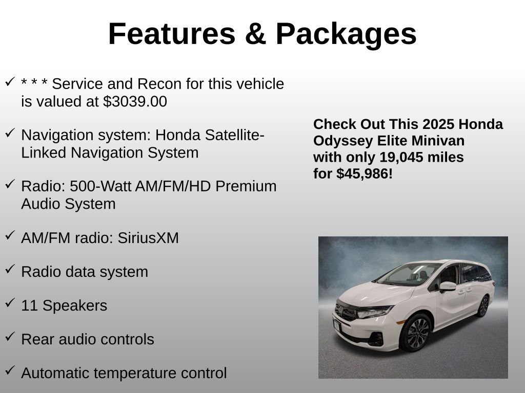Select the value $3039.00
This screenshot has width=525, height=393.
[135, 102]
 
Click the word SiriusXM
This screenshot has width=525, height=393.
[148, 238]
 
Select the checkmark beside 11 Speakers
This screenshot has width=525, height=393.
[10, 302]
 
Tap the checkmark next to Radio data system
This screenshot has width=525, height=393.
[10, 269]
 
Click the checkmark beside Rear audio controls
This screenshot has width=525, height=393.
[10, 336]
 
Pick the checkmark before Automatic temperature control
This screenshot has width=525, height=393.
[10, 370]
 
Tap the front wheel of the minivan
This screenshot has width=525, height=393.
[415, 333]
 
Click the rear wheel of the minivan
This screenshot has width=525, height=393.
[482, 306]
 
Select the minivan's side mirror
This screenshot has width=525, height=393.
[447, 286]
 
